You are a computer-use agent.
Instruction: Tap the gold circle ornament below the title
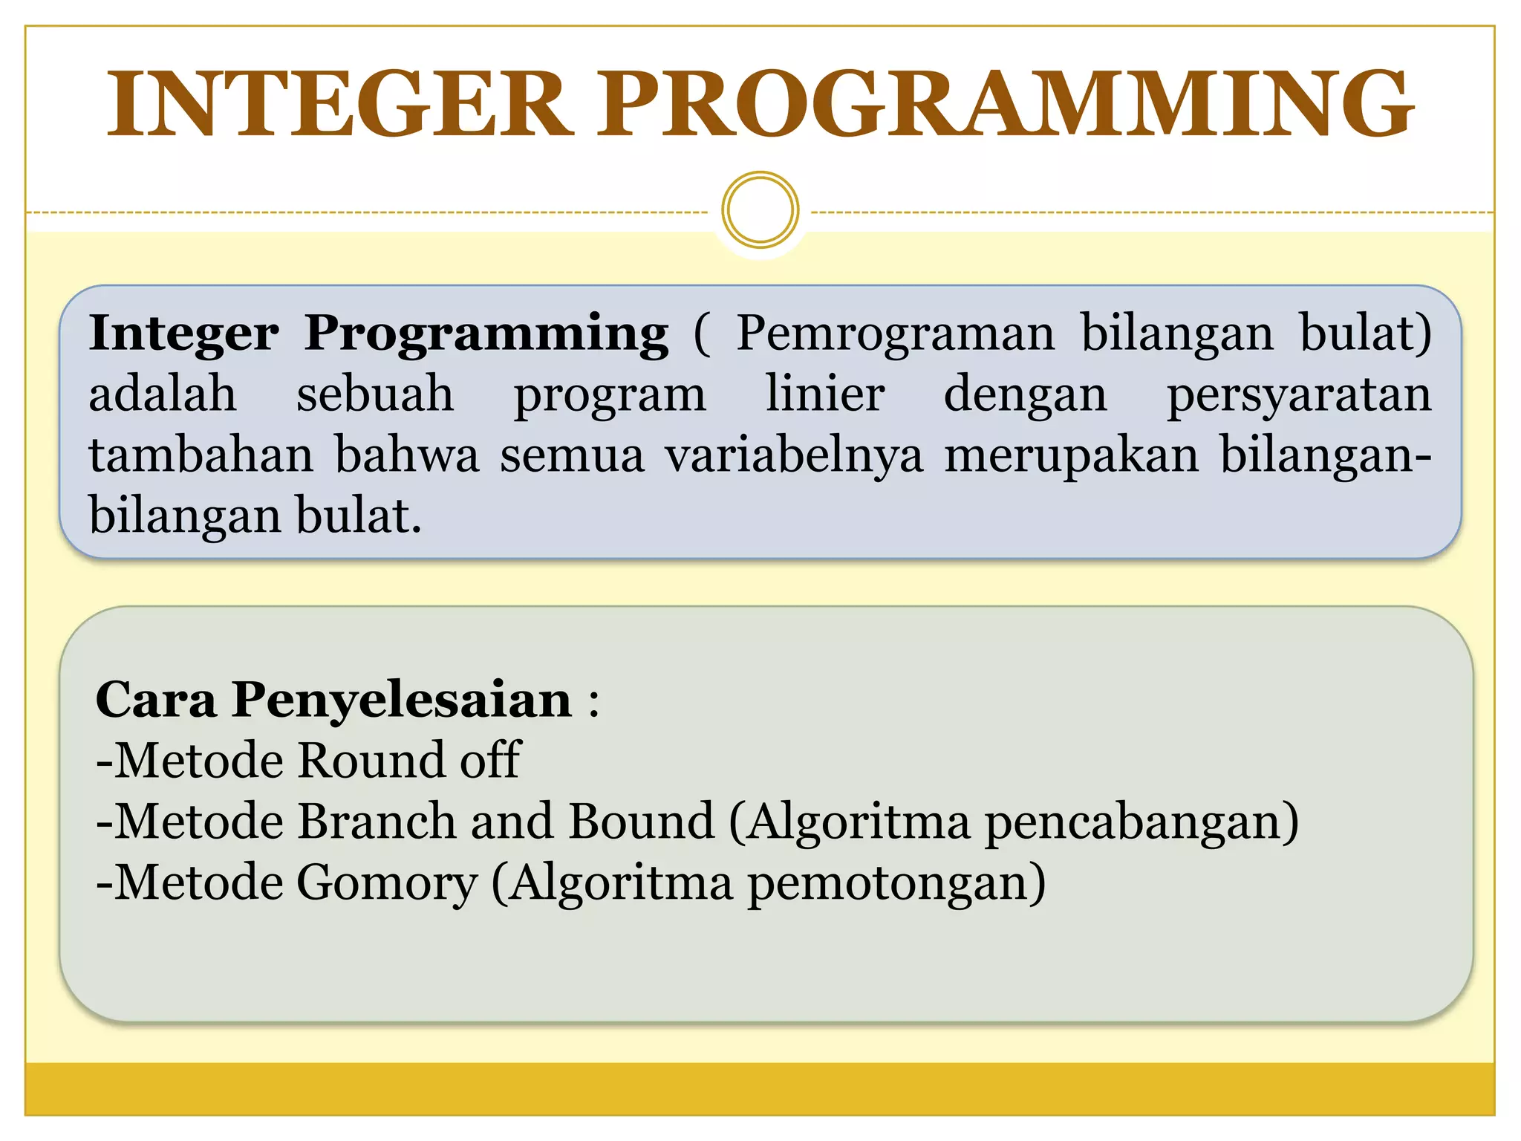pos(760,210)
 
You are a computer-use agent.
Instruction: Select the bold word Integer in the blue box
pos(183,334)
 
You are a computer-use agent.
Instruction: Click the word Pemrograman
pos(895,334)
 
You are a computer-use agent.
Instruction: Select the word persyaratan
pos(1298,395)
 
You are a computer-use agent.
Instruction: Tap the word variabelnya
pos(793,455)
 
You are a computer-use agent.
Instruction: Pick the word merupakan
pos(1071,456)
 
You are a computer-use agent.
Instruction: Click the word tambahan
pos(201,455)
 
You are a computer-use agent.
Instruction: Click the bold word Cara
pos(156,700)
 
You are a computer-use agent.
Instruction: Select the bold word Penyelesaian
pos(402,701)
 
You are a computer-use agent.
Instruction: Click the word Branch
pos(376,822)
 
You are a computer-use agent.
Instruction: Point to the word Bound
pos(640,822)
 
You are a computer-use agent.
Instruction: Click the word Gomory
pos(386,884)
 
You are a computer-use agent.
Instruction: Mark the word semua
pos(571,456)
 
